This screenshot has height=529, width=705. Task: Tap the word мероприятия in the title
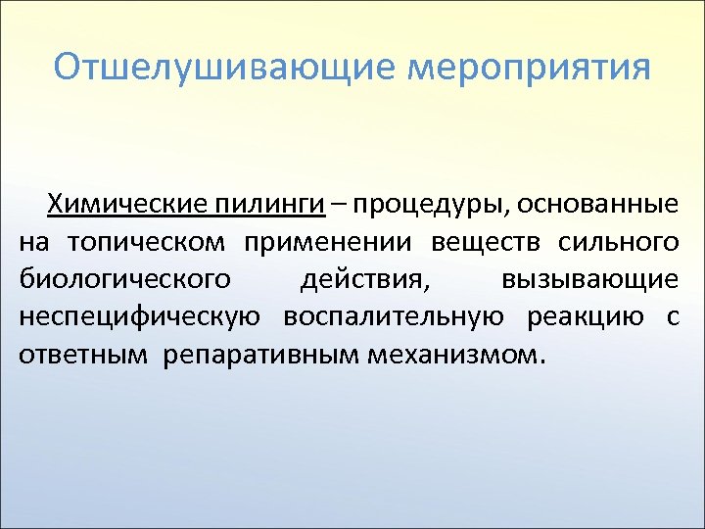(528, 69)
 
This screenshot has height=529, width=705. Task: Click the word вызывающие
(588, 279)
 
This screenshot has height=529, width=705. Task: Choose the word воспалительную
(395, 316)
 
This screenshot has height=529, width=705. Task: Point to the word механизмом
(453, 354)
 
